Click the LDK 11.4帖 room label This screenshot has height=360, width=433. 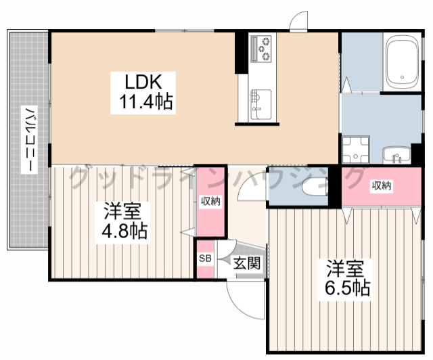143,93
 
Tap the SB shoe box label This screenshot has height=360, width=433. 205,258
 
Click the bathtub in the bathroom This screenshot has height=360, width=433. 402,62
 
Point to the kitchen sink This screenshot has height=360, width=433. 260,104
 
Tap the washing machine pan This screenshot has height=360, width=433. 355,150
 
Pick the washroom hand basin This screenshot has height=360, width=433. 396,155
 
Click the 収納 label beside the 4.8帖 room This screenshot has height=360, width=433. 210,202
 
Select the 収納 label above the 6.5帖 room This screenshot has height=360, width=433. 382,185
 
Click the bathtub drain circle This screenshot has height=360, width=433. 402,77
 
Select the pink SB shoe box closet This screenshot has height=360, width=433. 205,259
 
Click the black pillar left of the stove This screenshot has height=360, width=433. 241,53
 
